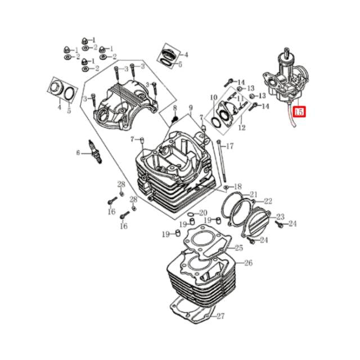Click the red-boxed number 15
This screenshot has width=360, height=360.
tap(300, 112)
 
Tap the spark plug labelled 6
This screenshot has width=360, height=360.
tap(95, 150)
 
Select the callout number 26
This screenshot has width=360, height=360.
tap(248, 263)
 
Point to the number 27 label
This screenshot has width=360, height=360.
tap(220, 316)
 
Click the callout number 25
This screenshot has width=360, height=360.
tap(238, 247)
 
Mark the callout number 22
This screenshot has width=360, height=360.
tap(268, 201)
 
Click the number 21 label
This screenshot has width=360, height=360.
tap(253, 195)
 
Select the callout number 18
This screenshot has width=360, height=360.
tap(237, 186)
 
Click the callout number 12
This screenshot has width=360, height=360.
tap(242, 128)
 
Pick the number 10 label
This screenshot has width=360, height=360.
tap(213, 98)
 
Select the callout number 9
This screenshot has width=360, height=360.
tap(191, 107)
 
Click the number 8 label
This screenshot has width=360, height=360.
tap(174, 107)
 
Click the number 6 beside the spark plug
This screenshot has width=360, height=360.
tap(79, 152)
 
